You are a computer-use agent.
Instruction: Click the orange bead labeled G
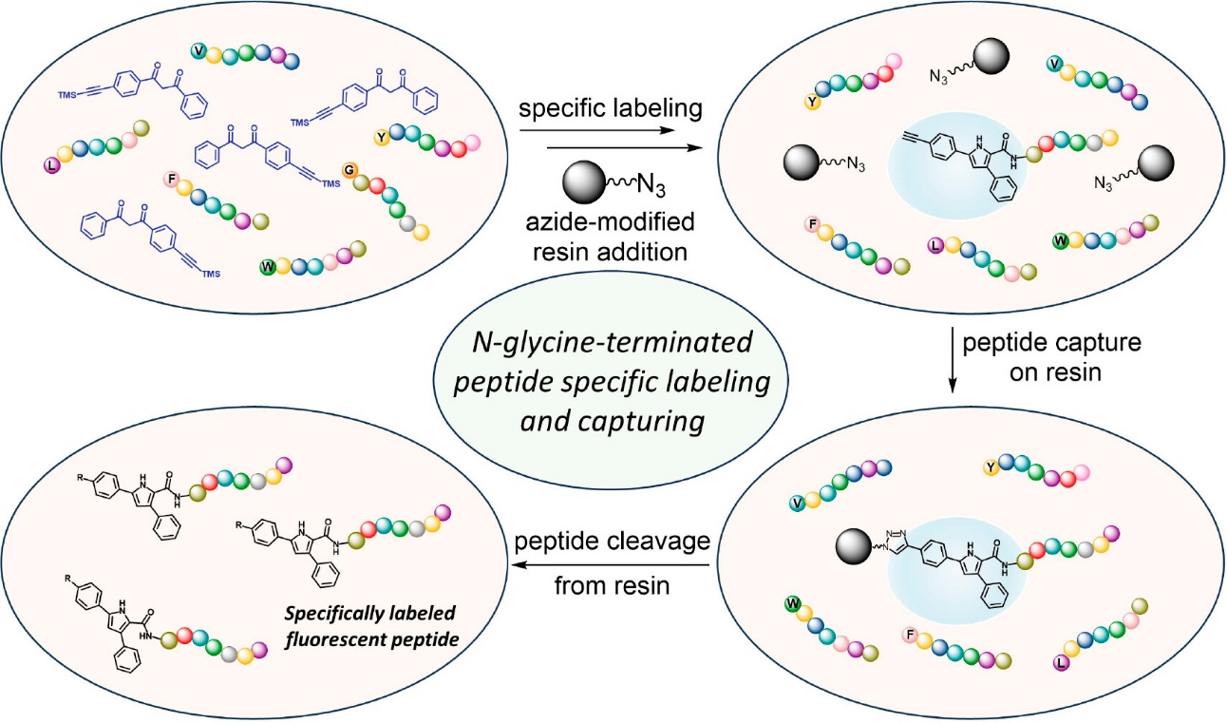coord(349,170)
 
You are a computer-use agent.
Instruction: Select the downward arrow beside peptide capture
coord(953,357)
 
